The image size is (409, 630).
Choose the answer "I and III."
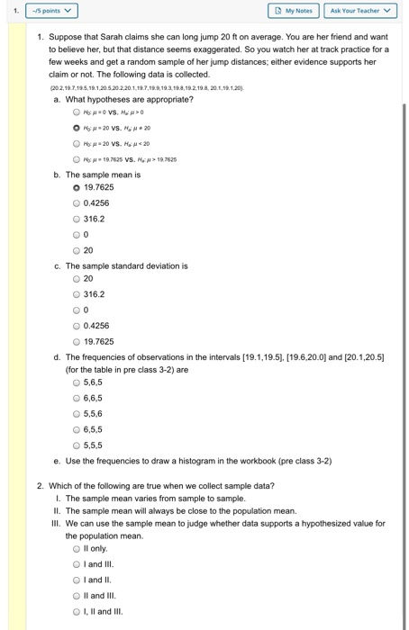click(76, 563)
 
